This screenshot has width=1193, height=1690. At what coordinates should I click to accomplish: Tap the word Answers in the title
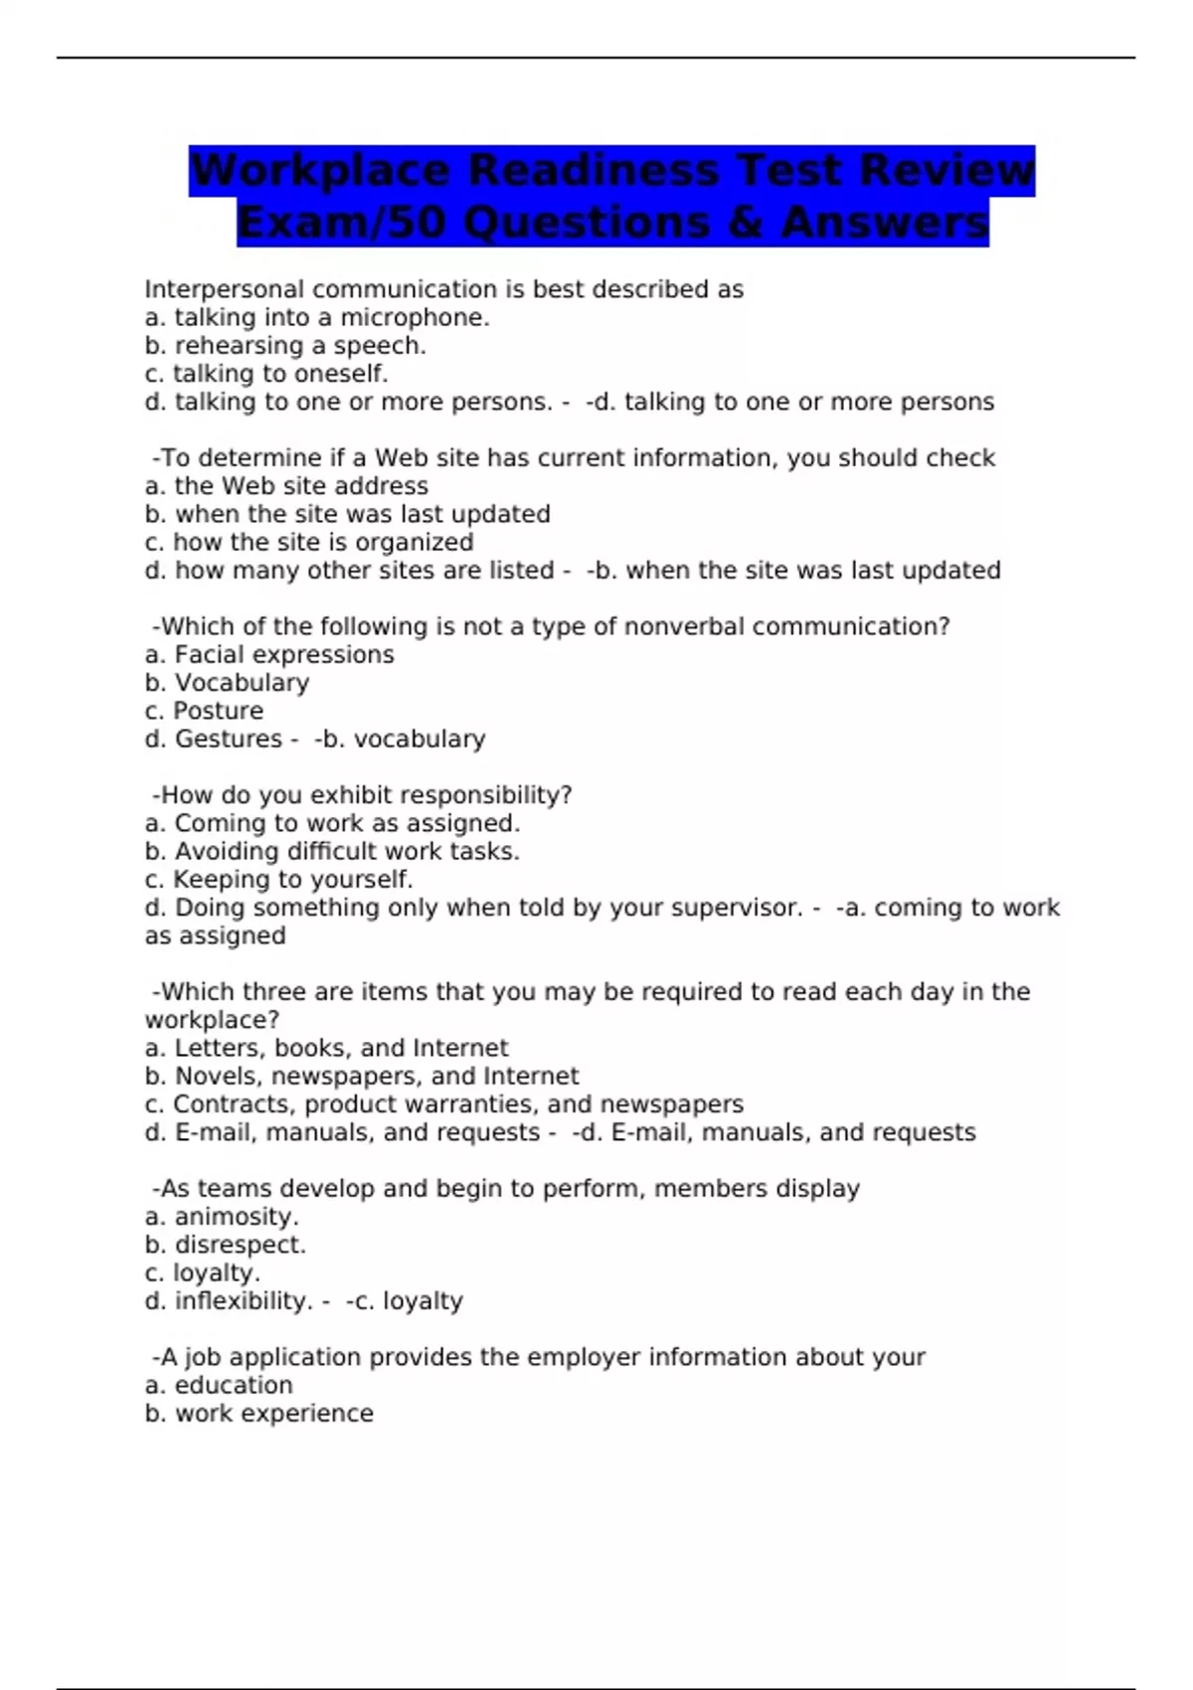(884, 222)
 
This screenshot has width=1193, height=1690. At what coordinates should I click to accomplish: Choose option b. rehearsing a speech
(285, 346)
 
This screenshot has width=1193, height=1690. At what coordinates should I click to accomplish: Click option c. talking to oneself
(266, 374)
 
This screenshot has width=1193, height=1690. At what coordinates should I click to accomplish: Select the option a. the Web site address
(286, 486)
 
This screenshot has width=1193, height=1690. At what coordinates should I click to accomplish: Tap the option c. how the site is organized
(309, 543)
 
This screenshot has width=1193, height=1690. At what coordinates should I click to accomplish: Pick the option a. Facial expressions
(269, 655)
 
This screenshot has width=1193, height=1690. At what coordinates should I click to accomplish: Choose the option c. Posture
(205, 711)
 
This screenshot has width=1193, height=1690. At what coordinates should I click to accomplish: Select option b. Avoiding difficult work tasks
(332, 852)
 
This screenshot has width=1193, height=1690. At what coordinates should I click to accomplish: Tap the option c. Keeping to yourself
(278, 880)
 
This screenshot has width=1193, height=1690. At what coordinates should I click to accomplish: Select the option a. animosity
(222, 1217)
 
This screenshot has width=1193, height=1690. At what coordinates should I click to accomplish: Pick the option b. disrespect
(226, 1245)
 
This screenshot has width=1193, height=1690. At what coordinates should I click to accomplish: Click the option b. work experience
(259, 1414)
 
